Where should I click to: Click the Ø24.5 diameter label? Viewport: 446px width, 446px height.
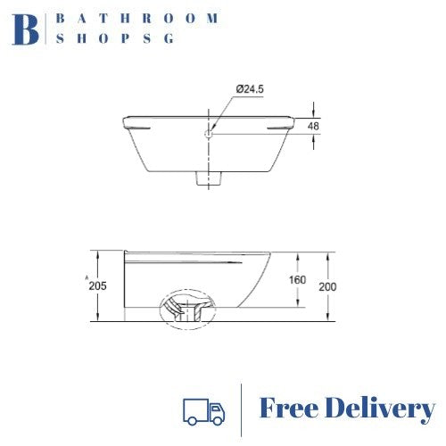tap(252, 89)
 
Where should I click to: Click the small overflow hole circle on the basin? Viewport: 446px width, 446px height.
tap(208, 135)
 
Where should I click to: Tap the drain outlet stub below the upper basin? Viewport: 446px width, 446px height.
tap(209, 177)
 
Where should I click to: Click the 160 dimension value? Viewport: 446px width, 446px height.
tap(297, 280)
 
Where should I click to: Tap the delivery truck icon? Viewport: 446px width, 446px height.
tap(202, 409)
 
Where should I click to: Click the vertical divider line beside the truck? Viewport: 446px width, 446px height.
tap(242, 409)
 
